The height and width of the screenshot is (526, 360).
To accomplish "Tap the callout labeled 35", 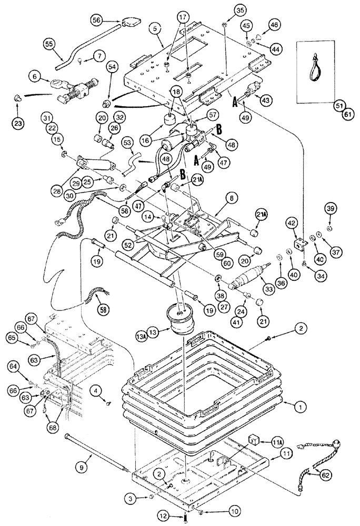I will (225, 10).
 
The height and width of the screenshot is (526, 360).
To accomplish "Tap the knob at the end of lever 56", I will (132, 22).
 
